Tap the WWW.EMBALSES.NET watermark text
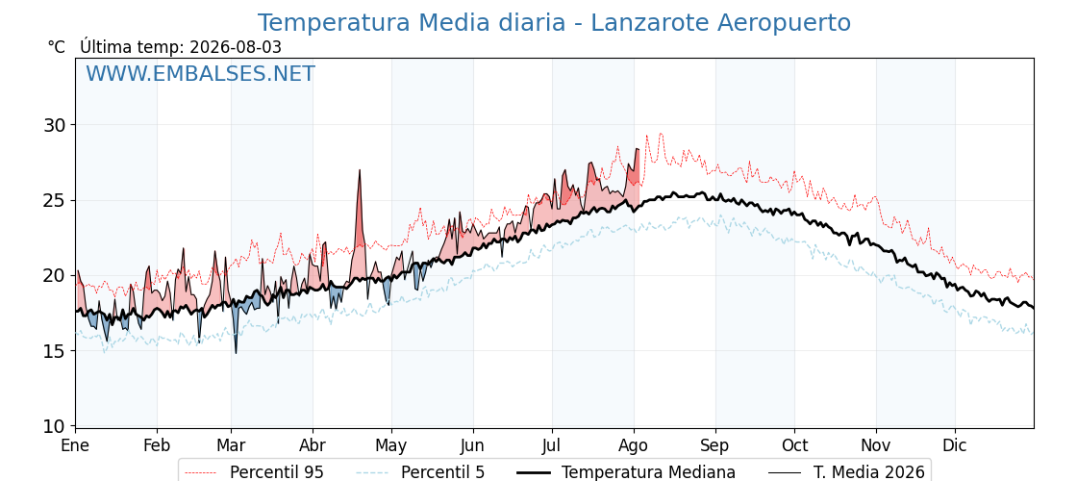201,73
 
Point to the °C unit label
57,47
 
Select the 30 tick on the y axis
54,125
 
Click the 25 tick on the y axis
54,201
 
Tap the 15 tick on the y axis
54,351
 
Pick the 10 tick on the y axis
54,427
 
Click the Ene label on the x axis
76,445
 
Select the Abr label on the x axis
313,445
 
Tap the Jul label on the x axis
552,445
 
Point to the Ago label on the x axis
634,445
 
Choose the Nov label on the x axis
876,445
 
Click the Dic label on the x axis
955,445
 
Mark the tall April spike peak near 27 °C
360,169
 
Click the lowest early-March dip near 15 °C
236,353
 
